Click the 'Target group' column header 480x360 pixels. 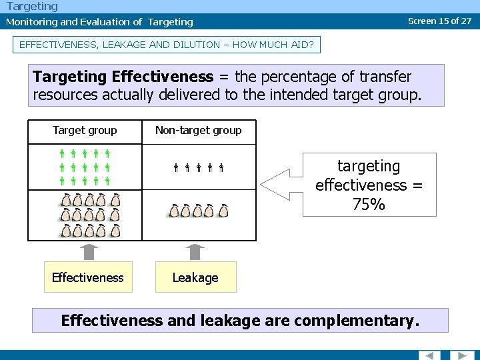coord(85,131)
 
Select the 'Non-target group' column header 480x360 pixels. coord(198,131)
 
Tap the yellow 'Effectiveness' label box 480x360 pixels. coord(88,277)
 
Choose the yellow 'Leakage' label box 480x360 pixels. coord(195,277)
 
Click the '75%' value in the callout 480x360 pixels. coord(369,205)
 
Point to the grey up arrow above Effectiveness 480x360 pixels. coord(89,252)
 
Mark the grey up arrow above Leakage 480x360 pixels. coord(195,252)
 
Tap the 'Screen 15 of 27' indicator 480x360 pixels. coord(439,21)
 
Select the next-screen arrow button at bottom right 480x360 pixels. coord(461,355)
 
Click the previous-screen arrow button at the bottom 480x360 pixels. coord(429,355)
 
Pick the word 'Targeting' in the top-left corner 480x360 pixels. coord(32,6)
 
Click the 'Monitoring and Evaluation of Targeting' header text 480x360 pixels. coord(99,22)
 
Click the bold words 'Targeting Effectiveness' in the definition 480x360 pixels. coord(123,77)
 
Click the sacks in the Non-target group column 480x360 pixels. coord(198,211)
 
